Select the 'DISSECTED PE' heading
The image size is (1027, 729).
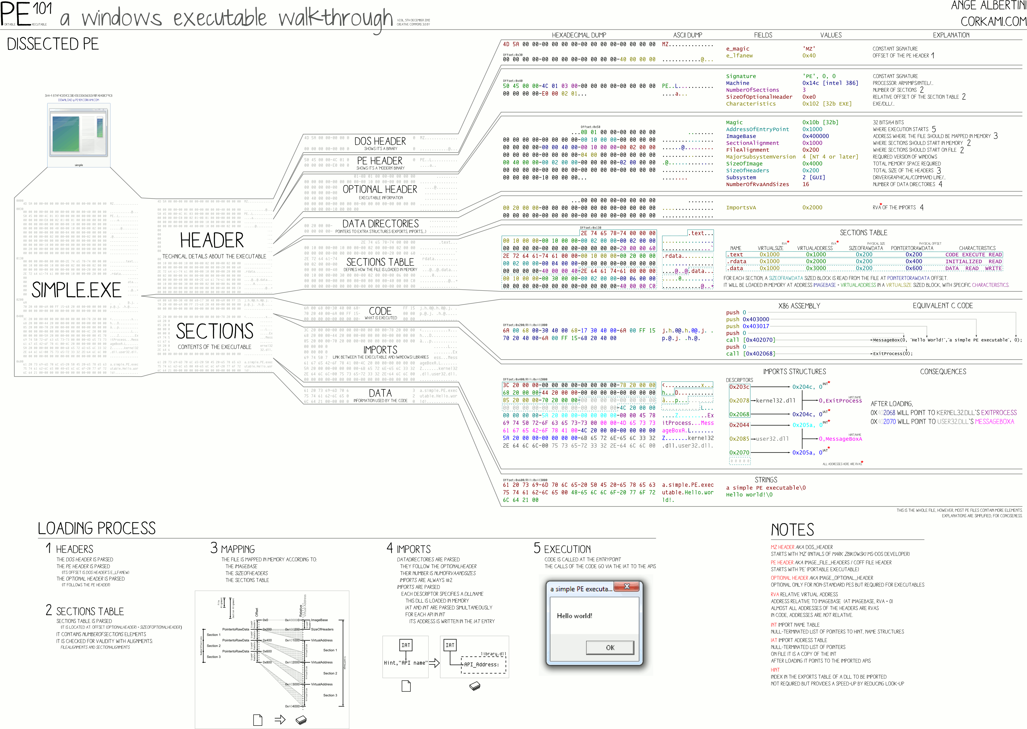(x=53, y=44)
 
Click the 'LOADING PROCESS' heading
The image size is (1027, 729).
(x=96, y=528)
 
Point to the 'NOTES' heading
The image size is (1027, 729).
(x=792, y=530)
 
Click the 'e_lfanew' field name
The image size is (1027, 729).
(x=739, y=56)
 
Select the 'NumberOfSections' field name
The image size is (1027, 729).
(x=752, y=90)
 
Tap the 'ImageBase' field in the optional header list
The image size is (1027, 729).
(x=741, y=136)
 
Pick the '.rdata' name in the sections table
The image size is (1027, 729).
(x=737, y=261)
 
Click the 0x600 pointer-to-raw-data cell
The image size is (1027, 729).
(x=913, y=268)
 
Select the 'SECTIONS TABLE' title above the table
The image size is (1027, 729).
(x=863, y=233)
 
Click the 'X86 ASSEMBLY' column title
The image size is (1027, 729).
(x=799, y=306)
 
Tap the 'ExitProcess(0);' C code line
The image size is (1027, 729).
(x=892, y=354)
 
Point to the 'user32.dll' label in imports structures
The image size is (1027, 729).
(x=772, y=438)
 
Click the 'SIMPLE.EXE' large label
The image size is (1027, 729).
(x=76, y=290)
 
